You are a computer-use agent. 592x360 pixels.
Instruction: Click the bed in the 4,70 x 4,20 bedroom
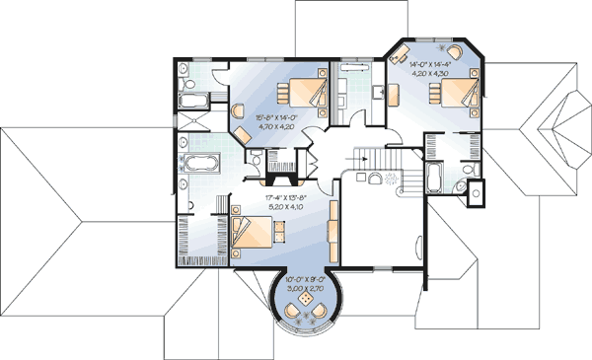point(303,94)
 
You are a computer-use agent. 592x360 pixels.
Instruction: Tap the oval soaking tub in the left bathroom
point(202,166)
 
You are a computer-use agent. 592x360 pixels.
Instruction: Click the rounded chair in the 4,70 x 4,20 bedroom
point(241,135)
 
